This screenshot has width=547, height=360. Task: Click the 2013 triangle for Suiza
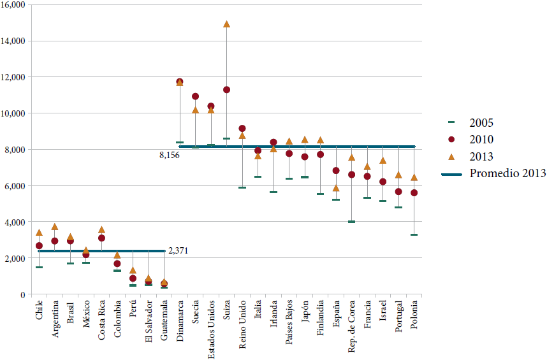(226, 24)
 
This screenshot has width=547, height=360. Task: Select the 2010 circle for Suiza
(226, 90)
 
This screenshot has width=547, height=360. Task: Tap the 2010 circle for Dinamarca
(180, 82)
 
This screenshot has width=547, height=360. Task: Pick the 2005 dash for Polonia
(414, 235)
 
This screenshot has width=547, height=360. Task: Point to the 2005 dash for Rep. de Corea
(351, 222)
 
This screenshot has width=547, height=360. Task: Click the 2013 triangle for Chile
(40, 233)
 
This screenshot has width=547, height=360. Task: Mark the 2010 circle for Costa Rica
(102, 238)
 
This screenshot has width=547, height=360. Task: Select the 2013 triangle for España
(336, 188)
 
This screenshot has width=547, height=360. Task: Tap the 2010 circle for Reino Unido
(242, 129)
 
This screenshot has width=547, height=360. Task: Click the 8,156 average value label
(169, 155)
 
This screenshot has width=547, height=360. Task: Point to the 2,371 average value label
(179, 252)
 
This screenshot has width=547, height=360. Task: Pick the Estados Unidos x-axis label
(211, 329)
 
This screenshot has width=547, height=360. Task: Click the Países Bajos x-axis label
(289, 325)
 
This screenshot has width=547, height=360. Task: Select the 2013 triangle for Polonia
(414, 178)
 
